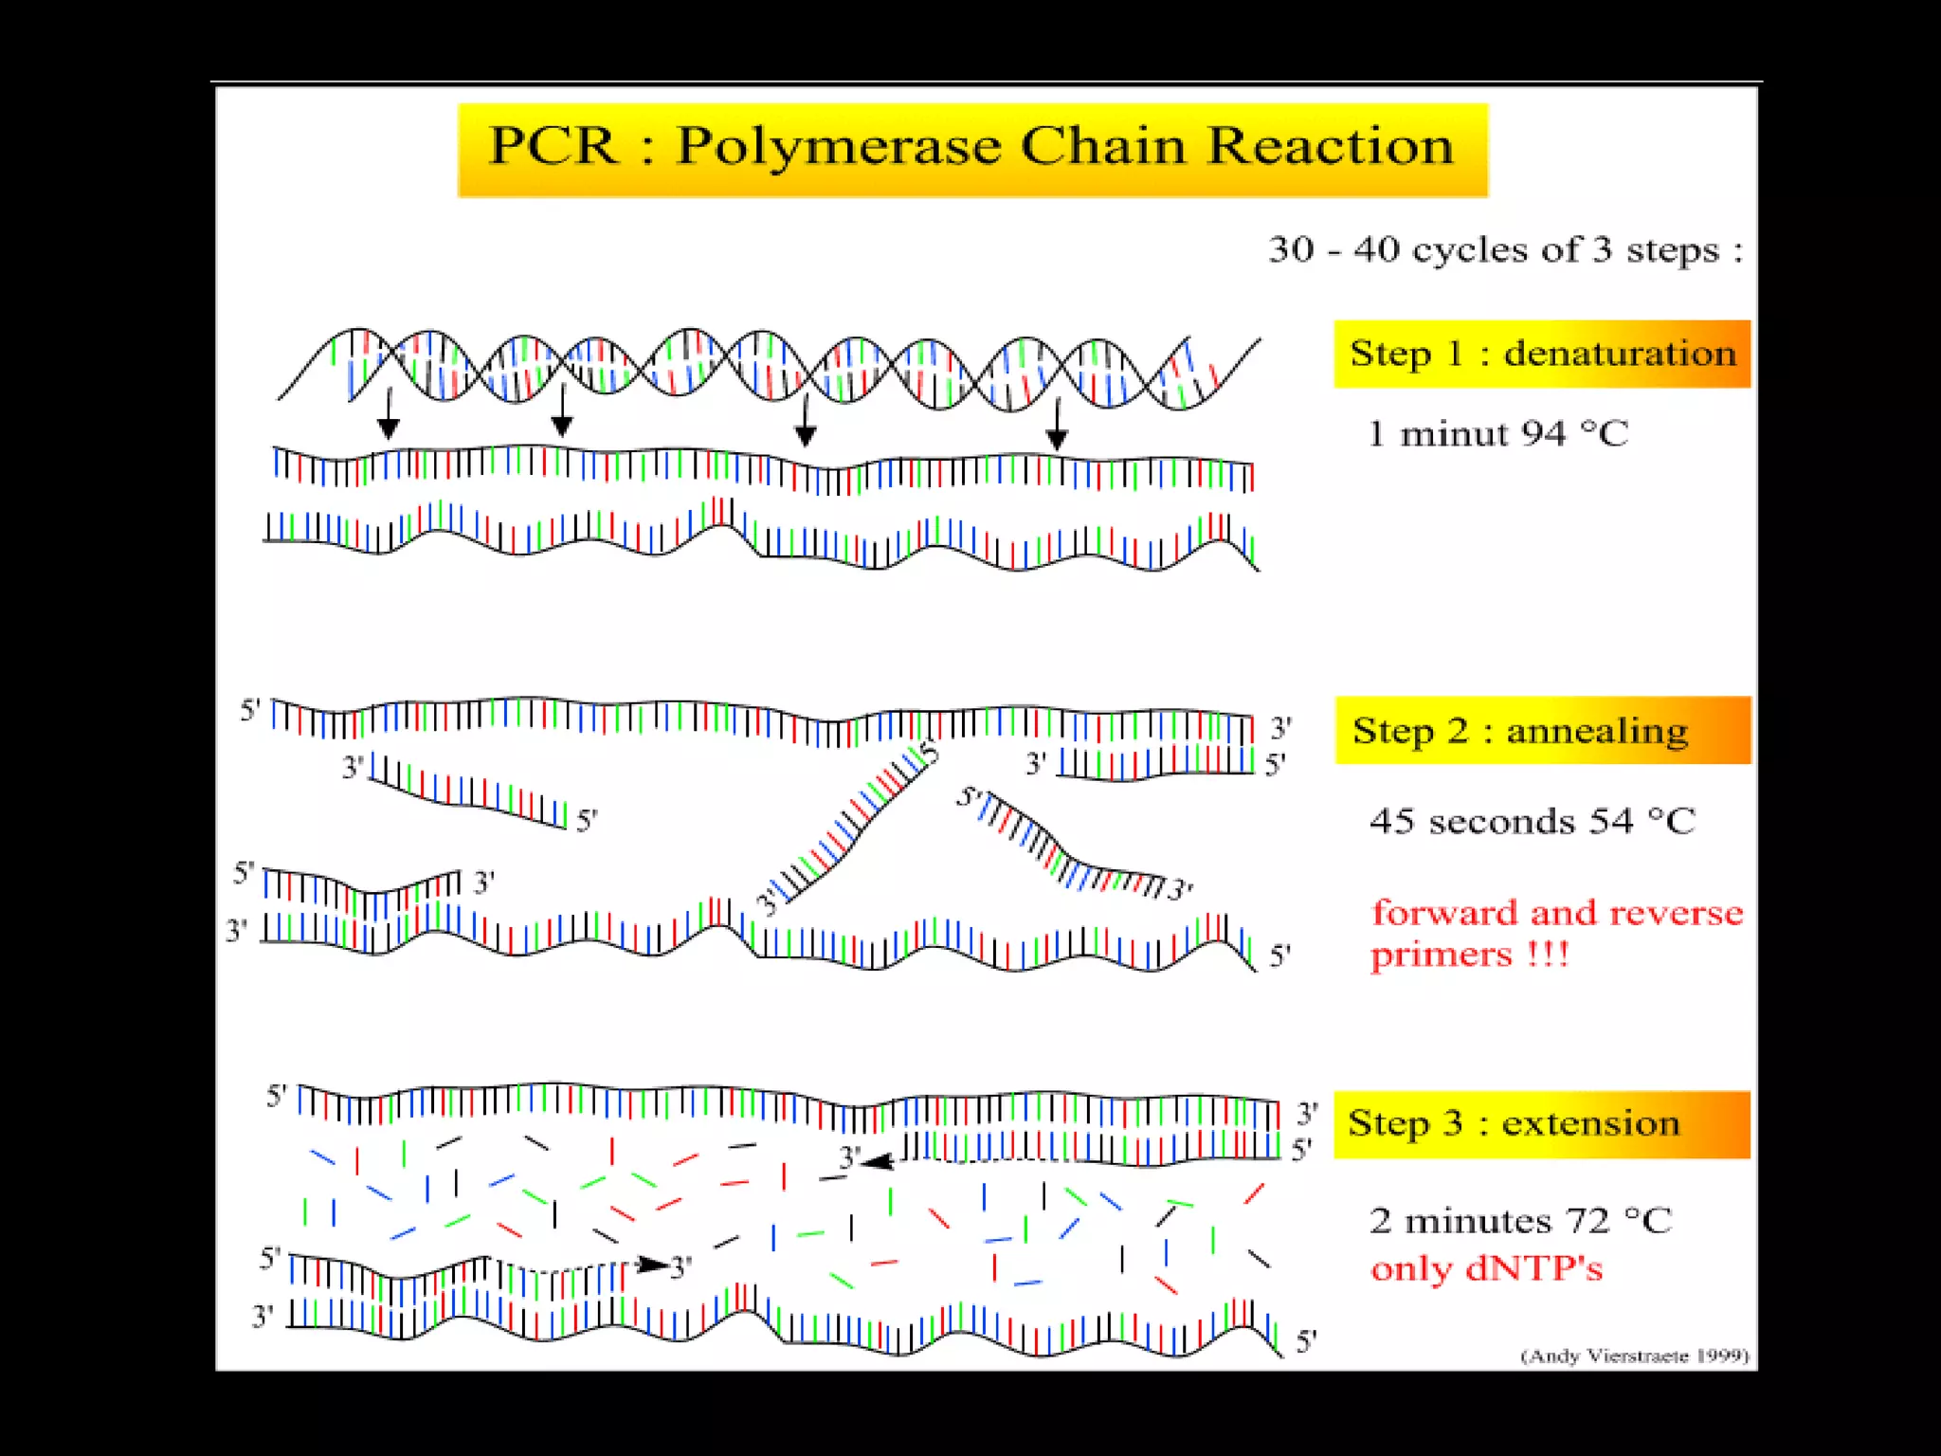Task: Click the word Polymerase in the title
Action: point(839,148)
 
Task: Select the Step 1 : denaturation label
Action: point(1542,354)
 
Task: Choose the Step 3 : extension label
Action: point(1514,1124)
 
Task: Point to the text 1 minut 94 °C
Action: point(1497,434)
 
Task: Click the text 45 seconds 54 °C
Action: point(1532,821)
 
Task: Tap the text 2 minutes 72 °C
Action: point(1520,1221)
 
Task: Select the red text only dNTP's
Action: point(1486,1268)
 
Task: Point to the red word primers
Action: point(1441,955)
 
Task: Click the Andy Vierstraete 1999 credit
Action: point(1634,1356)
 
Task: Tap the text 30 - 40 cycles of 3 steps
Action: point(1505,250)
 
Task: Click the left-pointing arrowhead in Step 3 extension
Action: point(878,1162)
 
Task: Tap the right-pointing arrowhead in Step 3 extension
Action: point(652,1265)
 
